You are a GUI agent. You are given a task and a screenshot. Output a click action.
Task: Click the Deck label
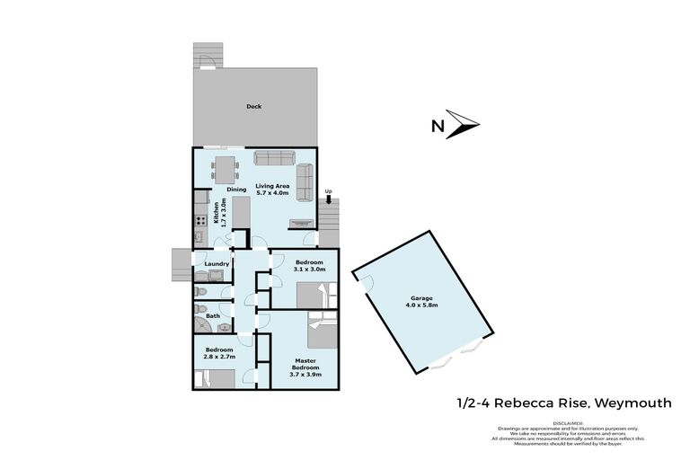point(254,107)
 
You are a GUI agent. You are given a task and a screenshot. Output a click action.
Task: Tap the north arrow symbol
point(464,124)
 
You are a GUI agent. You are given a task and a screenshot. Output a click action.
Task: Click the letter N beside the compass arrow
point(437,127)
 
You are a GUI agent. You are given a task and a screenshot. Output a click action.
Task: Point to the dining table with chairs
point(224,167)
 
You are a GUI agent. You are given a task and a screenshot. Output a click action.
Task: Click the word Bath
point(212,315)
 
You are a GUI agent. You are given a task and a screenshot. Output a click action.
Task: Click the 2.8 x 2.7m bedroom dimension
point(220,357)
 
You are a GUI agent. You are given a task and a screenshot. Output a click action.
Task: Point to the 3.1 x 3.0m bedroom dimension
point(309,269)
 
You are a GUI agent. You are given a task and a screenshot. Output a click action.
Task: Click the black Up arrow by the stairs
point(328,199)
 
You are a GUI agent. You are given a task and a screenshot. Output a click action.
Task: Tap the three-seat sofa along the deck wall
point(274,158)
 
